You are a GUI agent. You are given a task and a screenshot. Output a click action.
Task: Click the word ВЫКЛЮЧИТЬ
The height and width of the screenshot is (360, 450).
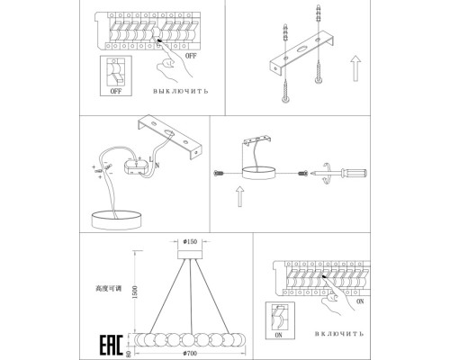pos(180,91)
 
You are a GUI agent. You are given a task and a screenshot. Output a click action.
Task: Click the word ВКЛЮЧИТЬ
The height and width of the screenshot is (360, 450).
pos(339,334)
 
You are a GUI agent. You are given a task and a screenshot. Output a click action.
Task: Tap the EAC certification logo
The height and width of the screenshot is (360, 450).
pos(112,345)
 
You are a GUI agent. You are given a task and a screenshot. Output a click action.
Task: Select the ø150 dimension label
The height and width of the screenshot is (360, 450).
pos(190,241)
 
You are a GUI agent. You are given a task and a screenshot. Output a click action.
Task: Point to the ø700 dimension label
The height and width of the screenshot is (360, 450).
pos(190,353)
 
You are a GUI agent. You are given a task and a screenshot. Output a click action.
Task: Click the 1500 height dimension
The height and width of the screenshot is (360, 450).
pos(135,292)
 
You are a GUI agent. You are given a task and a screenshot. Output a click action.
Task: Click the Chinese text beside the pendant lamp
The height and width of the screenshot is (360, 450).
pos(109,289)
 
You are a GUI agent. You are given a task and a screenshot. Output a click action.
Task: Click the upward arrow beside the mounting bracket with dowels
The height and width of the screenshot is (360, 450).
pos(355,68)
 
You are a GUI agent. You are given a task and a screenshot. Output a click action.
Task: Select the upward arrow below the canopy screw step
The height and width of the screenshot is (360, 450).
pos(239,196)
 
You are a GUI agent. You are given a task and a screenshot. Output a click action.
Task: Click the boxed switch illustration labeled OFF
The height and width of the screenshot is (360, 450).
pos(116,76)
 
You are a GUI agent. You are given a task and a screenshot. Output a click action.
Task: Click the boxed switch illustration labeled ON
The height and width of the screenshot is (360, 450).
pos(280,320)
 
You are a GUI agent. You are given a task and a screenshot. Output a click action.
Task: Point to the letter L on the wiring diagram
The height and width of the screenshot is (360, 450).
pos(151,158)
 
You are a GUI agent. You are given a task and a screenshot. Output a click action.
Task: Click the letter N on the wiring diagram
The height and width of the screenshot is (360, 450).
pos(157,165)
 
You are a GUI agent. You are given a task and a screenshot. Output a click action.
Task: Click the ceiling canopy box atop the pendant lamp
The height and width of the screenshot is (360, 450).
pos(190,255)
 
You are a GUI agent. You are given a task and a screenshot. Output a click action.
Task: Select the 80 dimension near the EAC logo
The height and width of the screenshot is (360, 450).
pos(129,355)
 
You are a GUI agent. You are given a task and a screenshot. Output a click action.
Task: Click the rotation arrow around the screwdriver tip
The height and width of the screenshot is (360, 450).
pos(327,173)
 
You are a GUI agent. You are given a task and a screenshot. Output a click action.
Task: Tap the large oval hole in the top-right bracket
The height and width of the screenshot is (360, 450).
pos(302,49)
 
